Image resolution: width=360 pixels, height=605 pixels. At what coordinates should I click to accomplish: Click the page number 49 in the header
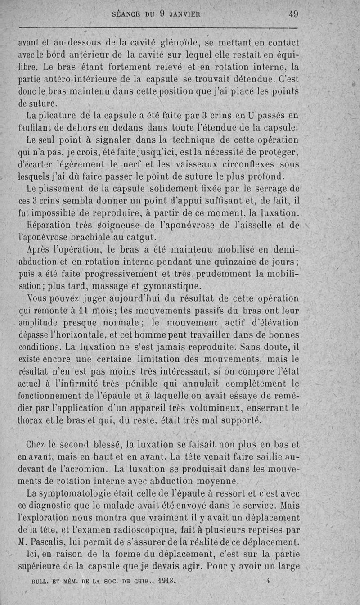pyautogui.click(x=293, y=14)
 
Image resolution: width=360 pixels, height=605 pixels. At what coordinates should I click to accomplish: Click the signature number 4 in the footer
pyautogui.click(x=267, y=581)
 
